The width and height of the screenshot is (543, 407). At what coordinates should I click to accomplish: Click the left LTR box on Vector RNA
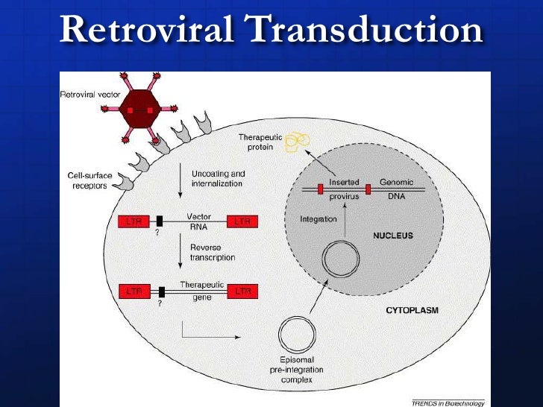[134, 221]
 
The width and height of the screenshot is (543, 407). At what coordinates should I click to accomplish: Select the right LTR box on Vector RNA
[242, 221]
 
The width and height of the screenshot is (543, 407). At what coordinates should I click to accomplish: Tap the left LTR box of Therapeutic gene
[134, 291]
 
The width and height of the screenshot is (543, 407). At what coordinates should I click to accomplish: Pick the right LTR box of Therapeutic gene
[243, 291]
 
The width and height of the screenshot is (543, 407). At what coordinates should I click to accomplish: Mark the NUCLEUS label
[392, 236]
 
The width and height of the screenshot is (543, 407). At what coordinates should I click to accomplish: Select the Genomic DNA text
[396, 189]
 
